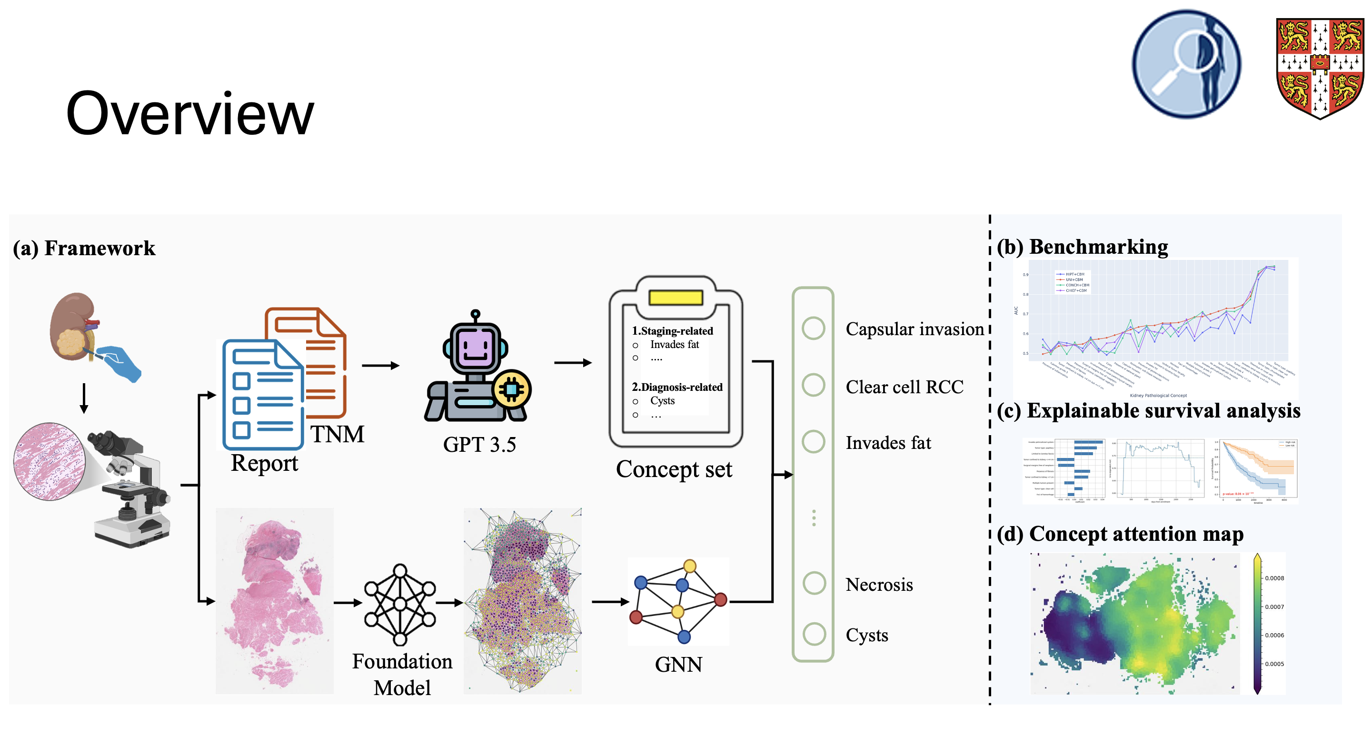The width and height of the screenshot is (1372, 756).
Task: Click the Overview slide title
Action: click(189, 113)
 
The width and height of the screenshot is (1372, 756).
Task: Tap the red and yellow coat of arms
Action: click(1319, 68)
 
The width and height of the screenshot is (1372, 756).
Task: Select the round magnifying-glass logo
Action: click(1186, 64)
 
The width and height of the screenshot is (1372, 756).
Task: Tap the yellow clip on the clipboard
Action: click(676, 297)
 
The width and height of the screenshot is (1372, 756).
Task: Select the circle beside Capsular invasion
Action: click(813, 328)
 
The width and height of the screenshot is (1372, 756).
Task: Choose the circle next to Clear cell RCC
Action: click(813, 385)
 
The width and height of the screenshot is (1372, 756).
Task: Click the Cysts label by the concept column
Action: click(866, 635)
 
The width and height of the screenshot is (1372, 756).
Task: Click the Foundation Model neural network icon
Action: click(400, 604)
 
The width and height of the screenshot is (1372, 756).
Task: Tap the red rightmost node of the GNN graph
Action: click(721, 599)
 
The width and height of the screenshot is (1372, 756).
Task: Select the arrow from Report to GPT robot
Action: click(380, 366)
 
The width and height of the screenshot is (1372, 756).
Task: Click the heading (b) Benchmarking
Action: click(1082, 247)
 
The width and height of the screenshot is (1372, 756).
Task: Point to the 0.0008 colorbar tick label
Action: click(1274, 578)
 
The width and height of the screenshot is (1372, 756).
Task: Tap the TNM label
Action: click(337, 434)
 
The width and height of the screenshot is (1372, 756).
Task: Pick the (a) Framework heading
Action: click(84, 248)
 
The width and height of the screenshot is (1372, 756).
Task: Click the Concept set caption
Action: click(674, 469)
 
